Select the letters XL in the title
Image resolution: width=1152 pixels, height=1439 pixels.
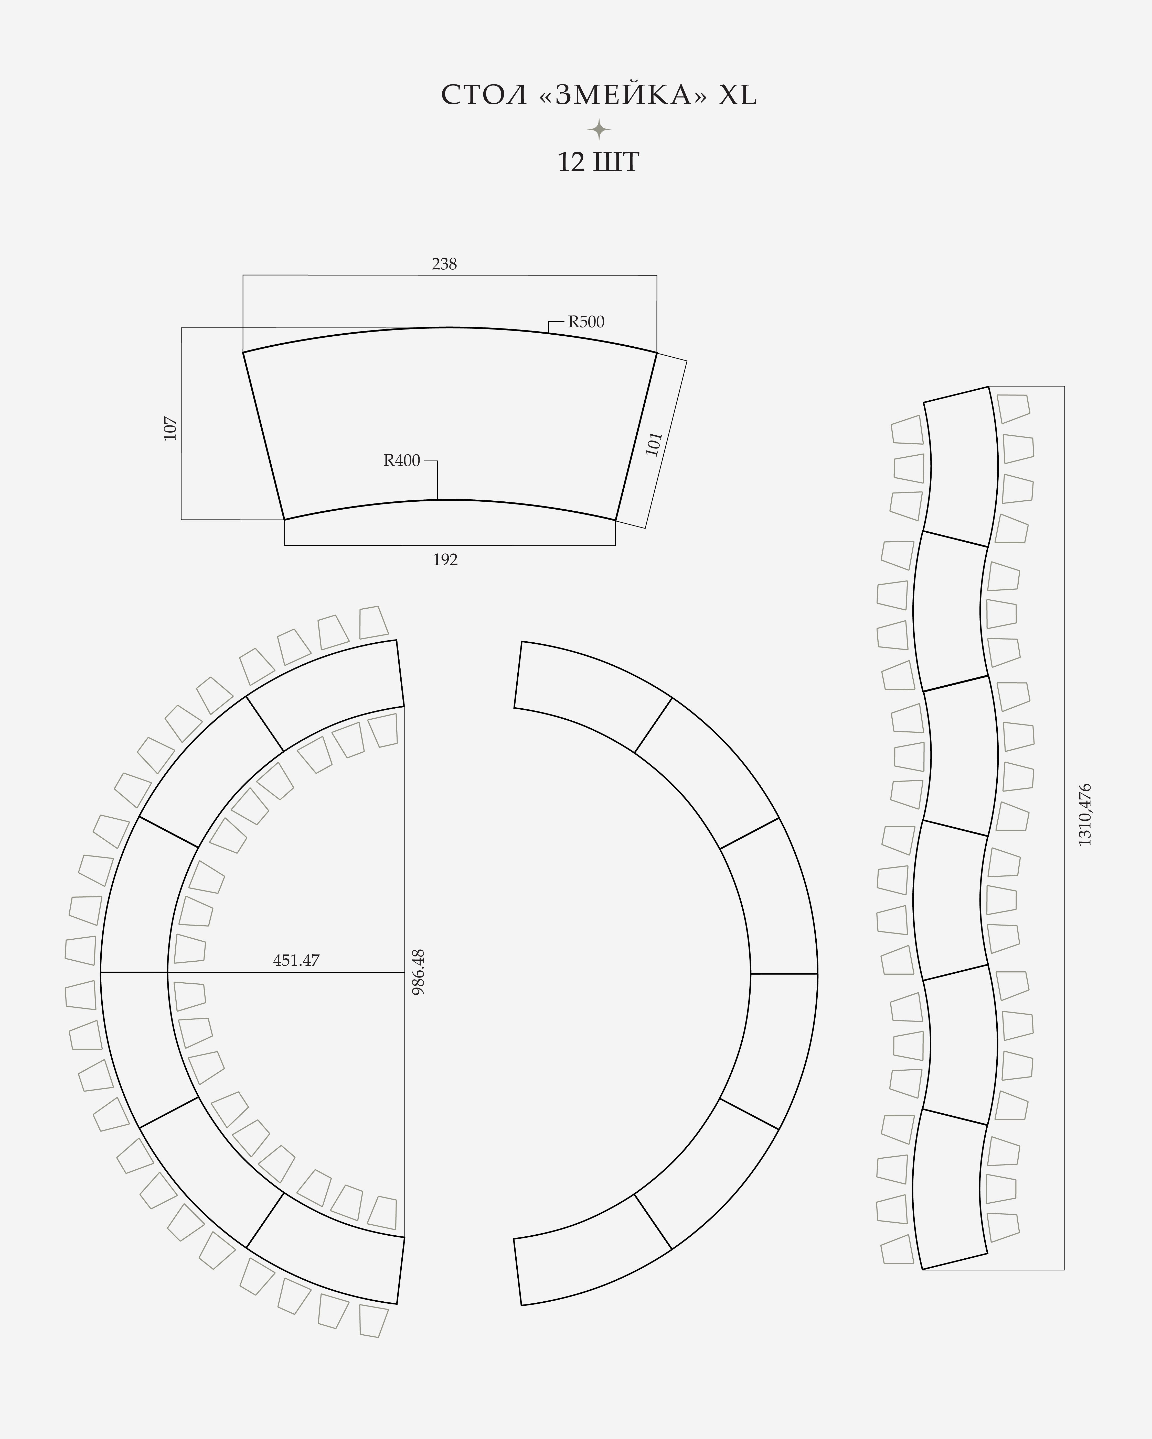point(737,95)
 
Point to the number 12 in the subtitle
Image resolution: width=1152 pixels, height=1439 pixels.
point(571,162)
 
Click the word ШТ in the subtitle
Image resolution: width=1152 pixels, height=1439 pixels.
point(616,162)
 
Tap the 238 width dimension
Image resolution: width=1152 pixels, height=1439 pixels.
point(444,264)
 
